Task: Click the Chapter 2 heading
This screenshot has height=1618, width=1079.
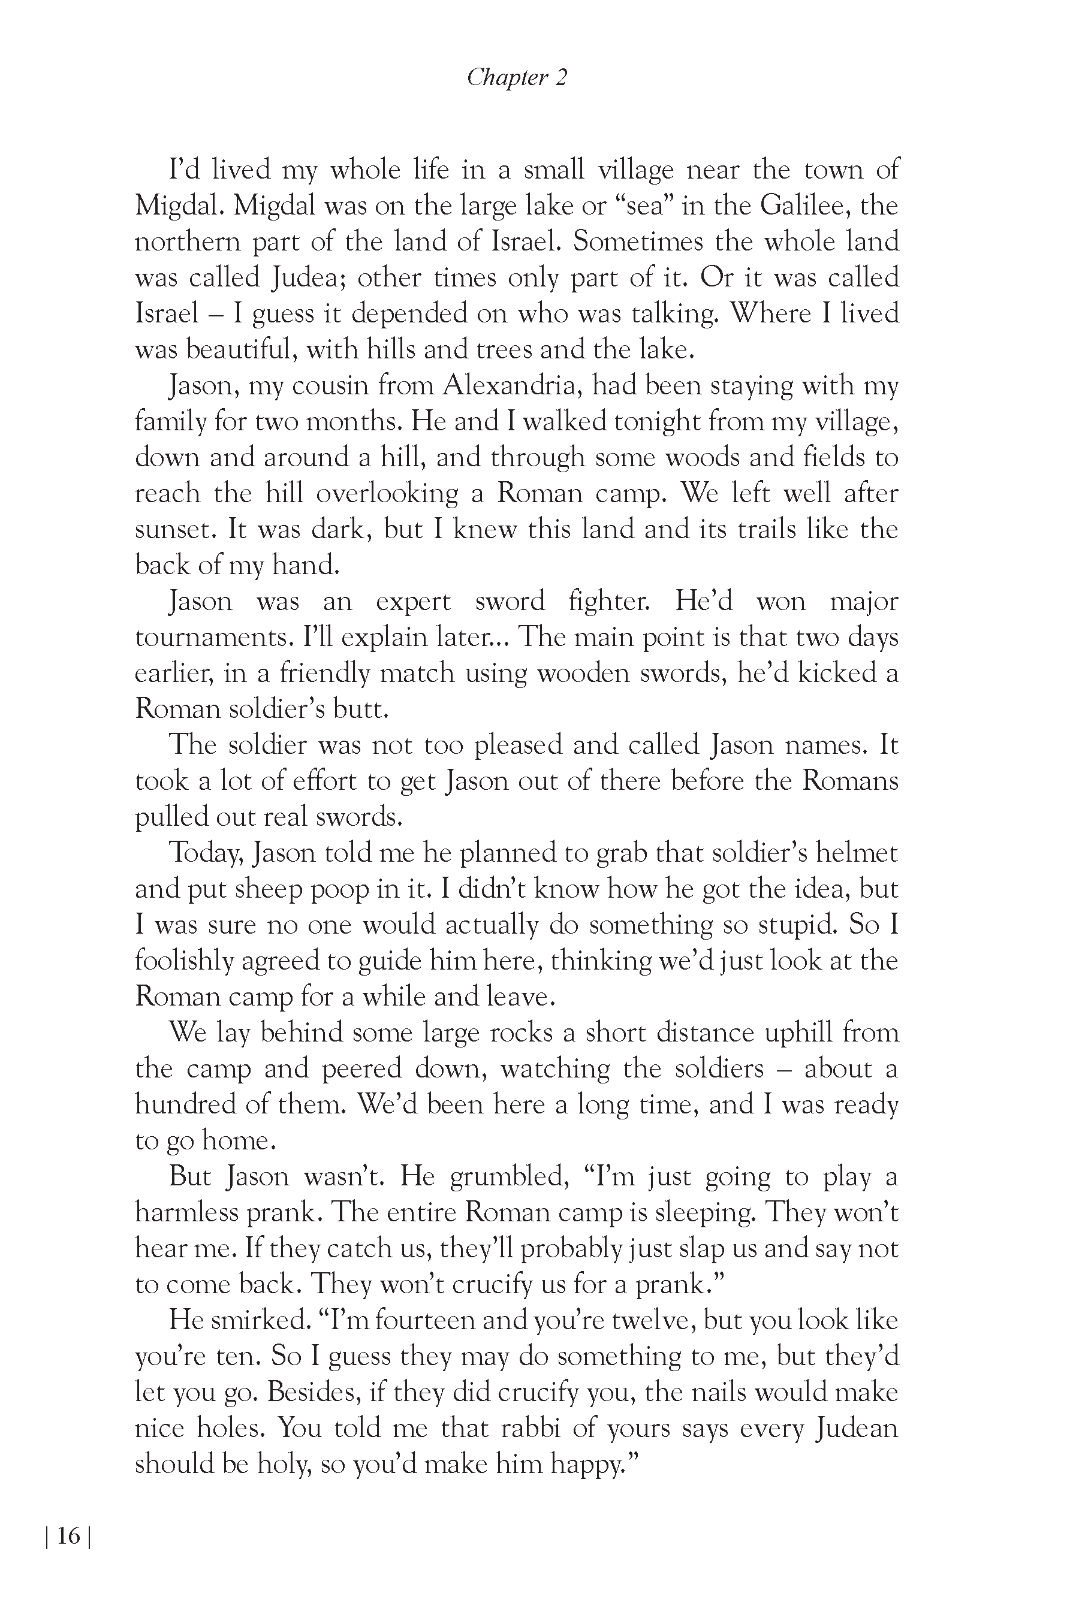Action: pyautogui.click(x=517, y=78)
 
